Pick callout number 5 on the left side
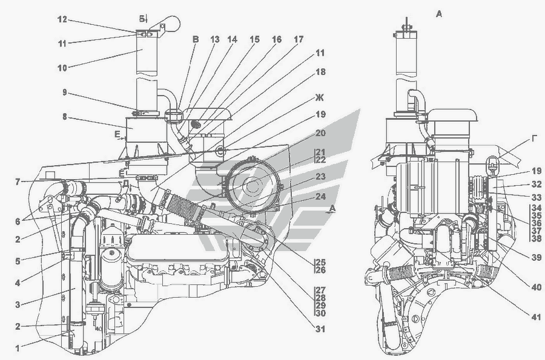coord(19,261)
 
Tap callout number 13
coord(214,39)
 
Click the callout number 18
coord(320,71)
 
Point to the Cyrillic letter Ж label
coord(320,97)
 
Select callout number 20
coord(320,133)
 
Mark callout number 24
coord(320,197)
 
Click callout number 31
coord(320,329)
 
